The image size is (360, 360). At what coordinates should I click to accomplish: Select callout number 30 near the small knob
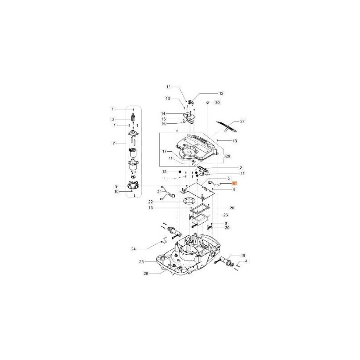pos(217,103)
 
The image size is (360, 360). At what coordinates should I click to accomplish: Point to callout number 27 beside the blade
pos(242,121)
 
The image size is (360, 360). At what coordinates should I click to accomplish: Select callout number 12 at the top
pos(221,93)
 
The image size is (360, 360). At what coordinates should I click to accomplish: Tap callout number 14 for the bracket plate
pos(164,113)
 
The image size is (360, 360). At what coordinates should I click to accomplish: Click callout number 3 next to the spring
pos(114,119)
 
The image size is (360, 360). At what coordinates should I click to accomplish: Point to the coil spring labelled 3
pos(133,119)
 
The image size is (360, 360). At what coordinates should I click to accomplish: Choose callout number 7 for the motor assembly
pos(114,143)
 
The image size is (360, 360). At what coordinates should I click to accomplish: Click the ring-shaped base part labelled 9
pos(133,185)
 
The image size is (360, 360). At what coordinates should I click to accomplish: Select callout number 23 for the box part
pos(225,215)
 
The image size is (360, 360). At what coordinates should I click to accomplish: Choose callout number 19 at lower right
pos(243,255)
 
